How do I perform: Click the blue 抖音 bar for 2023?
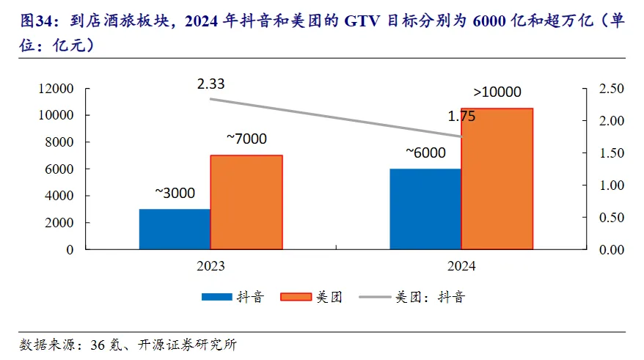[175, 229]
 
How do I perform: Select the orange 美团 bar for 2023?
[246, 202]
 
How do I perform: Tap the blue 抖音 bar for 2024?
[425, 209]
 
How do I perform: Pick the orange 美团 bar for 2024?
[497, 179]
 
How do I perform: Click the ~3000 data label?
[175, 194]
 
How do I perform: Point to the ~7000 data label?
[246, 139]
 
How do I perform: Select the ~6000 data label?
[425, 153]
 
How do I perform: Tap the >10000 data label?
[497, 92]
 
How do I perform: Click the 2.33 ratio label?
[211, 84]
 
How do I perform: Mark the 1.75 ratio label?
[462, 116]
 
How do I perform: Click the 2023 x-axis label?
[211, 265]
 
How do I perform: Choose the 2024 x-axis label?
[461, 265]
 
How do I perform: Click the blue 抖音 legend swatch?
[216, 297]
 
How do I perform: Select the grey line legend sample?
[373, 297]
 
